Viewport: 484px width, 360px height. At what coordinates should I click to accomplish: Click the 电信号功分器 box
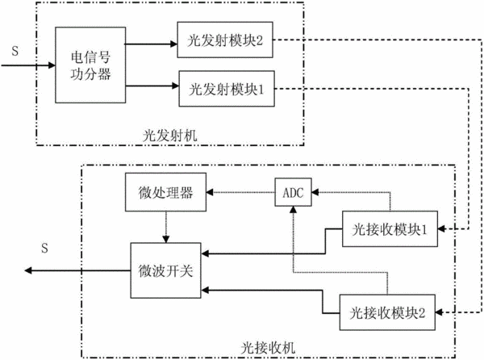click(x=90, y=65)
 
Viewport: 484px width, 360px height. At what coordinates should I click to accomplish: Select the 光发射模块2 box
click(x=225, y=40)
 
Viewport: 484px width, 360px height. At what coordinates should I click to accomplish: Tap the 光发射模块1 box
click(x=227, y=89)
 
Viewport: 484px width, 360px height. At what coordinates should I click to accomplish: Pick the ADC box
click(x=294, y=192)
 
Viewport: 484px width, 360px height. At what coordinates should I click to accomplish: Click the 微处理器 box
click(x=165, y=192)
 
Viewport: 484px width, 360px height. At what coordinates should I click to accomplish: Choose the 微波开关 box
click(x=165, y=270)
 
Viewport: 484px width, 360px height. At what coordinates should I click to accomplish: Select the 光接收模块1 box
click(x=390, y=228)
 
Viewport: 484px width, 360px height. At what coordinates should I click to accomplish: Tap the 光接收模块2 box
click(x=387, y=312)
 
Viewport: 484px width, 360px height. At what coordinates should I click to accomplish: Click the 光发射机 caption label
click(x=169, y=136)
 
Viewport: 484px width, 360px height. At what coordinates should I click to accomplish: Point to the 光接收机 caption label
click(x=268, y=348)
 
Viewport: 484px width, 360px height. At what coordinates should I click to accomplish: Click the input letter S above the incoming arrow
click(x=15, y=51)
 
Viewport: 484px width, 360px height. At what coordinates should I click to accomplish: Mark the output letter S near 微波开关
click(x=44, y=248)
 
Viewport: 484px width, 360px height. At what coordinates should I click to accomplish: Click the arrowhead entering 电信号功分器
click(x=52, y=65)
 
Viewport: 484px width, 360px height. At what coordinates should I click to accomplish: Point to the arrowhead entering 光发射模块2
click(x=173, y=44)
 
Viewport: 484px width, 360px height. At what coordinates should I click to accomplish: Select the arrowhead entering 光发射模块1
click(x=176, y=86)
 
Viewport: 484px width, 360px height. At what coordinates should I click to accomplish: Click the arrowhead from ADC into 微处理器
click(x=210, y=192)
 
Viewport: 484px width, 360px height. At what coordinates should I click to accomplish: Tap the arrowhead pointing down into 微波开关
click(x=166, y=240)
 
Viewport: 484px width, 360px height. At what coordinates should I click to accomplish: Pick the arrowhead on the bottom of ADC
click(x=294, y=210)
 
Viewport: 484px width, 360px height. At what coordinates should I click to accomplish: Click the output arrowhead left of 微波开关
click(x=28, y=270)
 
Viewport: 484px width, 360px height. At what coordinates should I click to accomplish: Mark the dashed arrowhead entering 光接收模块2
click(x=440, y=312)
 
